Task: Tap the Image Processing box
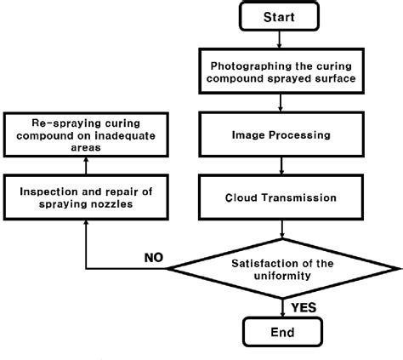(x=281, y=134)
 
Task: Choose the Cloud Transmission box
(x=281, y=197)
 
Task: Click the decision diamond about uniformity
(x=281, y=270)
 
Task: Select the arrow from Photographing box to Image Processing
(x=281, y=102)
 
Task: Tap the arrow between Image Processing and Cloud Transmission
(x=281, y=166)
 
